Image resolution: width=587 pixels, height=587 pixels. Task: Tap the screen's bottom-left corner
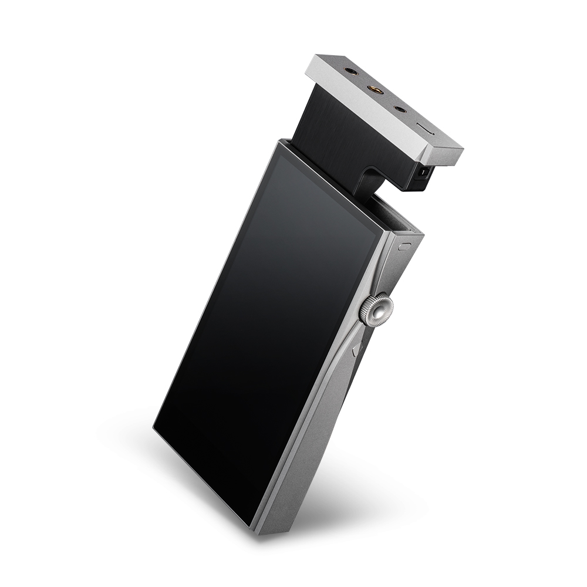pyautogui.click(x=156, y=431)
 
